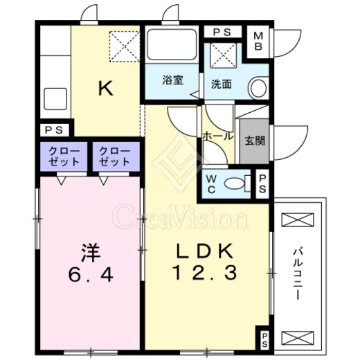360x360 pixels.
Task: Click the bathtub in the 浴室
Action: point(172,44)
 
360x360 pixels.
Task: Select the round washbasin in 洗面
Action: point(258,88)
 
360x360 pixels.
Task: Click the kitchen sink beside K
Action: point(55,99)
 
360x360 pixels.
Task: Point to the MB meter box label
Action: point(258,42)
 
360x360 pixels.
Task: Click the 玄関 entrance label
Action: point(255,141)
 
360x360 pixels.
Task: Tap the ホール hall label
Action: point(217,136)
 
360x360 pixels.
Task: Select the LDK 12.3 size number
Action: point(205,273)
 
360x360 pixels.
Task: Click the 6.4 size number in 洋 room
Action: point(91,275)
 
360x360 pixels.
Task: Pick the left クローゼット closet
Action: point(64,156)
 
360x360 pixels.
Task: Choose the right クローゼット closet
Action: point(116,156)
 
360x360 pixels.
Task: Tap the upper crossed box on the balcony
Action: point(298,219)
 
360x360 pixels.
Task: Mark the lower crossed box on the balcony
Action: point(298,338)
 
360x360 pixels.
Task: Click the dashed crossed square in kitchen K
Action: point(125,46)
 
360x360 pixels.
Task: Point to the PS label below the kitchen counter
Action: point(54,131)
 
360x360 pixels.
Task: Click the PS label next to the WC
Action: point(262,183)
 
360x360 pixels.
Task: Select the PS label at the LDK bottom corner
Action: point(264,340)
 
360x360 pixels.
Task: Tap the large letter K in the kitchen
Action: point(106,88)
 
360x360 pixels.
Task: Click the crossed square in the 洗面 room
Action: point(223,55)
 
